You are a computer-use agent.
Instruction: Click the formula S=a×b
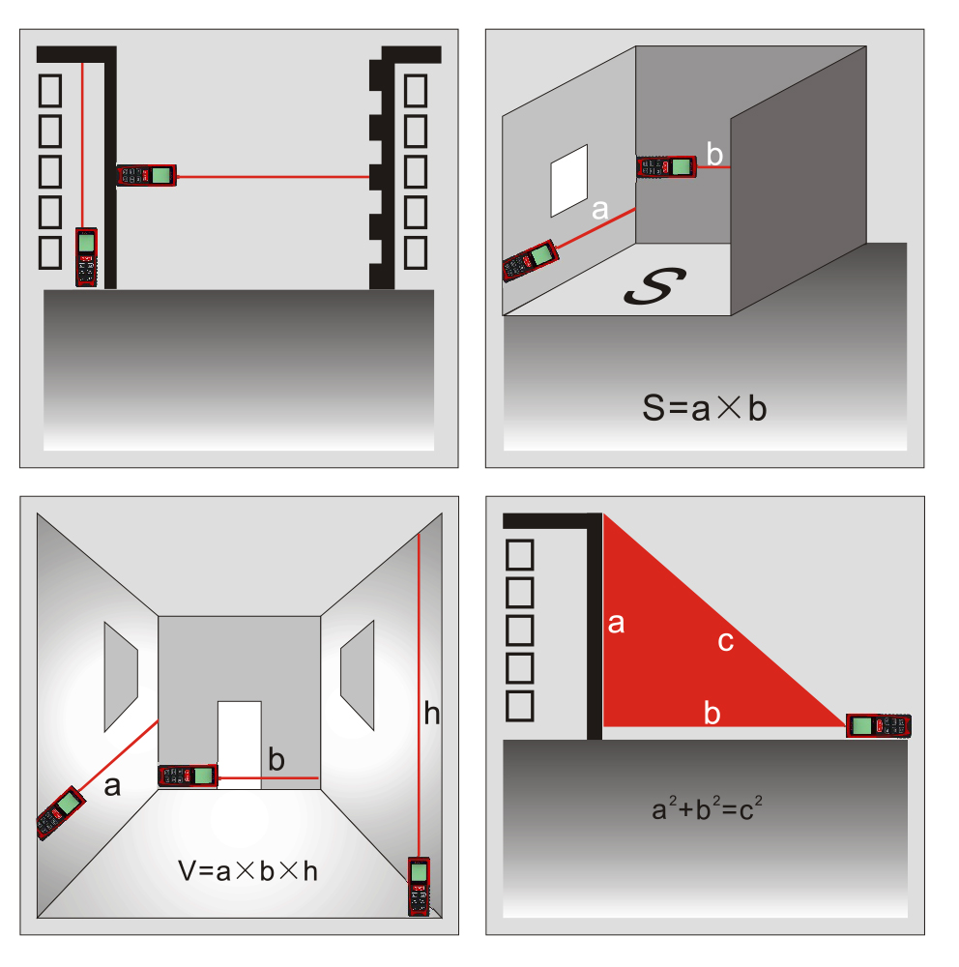pos(705,408)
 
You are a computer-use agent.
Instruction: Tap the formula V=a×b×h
pos(247,871)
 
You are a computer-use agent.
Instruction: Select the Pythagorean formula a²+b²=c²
pos(707,807)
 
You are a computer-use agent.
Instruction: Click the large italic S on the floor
pos(654,286)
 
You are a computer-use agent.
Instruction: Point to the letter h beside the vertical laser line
pos(432,714)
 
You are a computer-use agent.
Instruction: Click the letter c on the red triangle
pos(725,643)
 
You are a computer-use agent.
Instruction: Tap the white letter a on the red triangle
pos(616,624)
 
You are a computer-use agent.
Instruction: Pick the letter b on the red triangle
pos(712,713)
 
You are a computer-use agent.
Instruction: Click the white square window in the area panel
pos(568,181)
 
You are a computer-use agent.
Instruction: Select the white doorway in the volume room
pos(240,745)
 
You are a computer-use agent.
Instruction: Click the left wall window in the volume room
pos(121,677)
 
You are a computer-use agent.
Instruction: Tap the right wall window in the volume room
pos(357,675)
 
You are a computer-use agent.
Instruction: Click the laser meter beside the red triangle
pos(878,725)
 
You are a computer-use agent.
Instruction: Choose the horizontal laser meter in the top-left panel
pos(147,175)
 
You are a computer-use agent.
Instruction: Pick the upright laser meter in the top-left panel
pos(86,257)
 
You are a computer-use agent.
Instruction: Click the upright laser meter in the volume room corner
pos(420,886)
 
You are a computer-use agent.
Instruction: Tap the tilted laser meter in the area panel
pos(531,261)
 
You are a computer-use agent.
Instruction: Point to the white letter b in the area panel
pos(714,154)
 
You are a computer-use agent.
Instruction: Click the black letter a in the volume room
pos(111,786)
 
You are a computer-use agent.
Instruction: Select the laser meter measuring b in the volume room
pos(189,776)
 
